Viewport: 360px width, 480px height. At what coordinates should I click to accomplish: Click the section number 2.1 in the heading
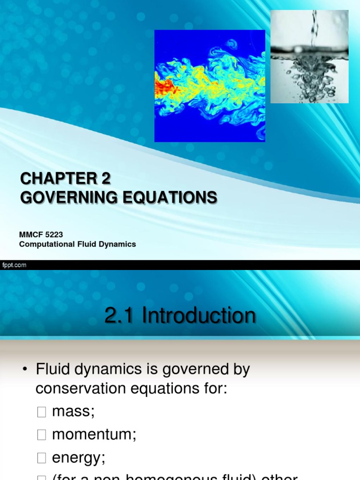coord(120,316)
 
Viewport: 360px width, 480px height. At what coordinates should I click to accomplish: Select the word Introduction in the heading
coord(199,316)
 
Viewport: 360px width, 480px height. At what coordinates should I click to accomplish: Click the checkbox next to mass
coord(42,412)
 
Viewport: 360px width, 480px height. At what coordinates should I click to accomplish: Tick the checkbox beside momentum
coord(42,435)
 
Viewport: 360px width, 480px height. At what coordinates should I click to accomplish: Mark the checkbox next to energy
coord(42,458)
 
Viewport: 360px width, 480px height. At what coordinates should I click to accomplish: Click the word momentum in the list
coord(94,435)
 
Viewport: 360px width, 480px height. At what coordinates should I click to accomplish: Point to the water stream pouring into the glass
coord(314,28)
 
